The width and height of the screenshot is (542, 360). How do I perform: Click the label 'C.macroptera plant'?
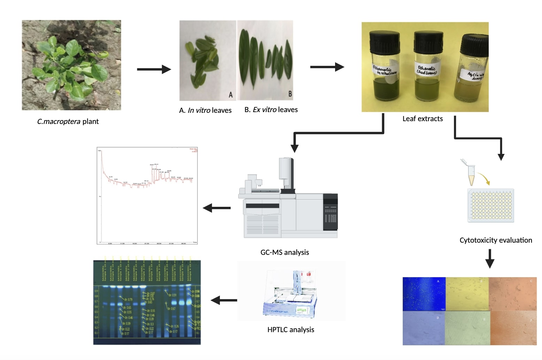tap(68, 122)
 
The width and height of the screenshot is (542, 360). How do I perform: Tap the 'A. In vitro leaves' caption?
tap(205, 110)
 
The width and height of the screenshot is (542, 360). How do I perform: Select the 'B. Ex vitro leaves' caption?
tap(271, 110)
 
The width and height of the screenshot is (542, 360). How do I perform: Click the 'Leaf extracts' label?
tap(423, 119)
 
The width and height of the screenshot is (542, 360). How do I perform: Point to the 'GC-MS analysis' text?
tap(285, 252)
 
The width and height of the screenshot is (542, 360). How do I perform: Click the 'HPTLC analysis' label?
tap(291, 330)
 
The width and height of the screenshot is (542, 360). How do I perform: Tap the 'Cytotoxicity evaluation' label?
tap(495, 240)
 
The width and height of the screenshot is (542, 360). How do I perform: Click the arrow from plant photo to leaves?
tap(154, 69)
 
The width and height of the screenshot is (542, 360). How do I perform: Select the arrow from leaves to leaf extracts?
tap(327, 67)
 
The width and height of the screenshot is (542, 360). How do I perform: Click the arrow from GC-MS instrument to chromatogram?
tap(217, 208)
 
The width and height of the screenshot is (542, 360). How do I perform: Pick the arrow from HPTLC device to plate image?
tap(224, 300)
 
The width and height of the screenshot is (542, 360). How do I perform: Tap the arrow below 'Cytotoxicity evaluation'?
tap(490, 258)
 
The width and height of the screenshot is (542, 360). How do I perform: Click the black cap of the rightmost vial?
tap(475, 45)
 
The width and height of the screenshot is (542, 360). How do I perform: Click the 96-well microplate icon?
tap(490, 205)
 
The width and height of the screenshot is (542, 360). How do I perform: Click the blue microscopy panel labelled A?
tap(424, 294)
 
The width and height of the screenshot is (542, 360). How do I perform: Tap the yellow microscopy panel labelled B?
tap(467, 294)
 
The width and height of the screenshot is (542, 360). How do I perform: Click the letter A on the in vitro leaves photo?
tap(231, 95)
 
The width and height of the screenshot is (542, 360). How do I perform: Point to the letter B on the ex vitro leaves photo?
tap(290, 94)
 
